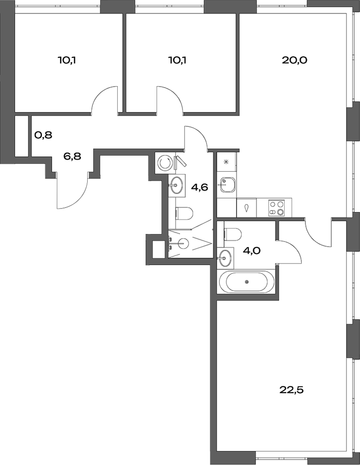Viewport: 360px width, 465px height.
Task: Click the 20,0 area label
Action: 294,61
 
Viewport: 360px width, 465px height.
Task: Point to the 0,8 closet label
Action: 43,135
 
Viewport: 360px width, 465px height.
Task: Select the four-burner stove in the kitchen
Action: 276,208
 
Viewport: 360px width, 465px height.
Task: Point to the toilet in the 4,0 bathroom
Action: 233,233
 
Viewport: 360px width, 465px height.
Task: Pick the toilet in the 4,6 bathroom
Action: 184,214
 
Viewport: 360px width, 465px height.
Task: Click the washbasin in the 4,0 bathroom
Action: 225,257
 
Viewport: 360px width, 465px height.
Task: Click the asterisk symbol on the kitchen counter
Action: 226,162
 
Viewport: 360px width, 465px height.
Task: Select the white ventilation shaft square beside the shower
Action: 158,249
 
